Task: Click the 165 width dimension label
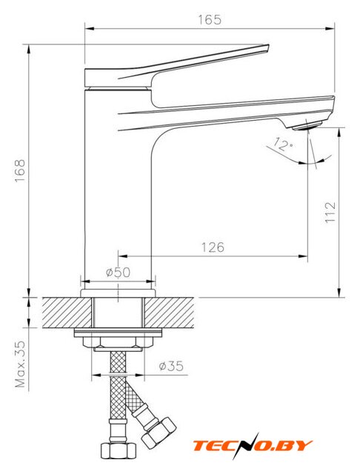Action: pos(210,20)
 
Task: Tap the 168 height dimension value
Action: pos(20,170)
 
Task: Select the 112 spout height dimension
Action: pos(330,213)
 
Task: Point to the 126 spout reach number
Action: pos(213,247)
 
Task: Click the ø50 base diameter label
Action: pos(119,273)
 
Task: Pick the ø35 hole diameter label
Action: pos(171,366)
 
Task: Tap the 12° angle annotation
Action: pos(283,144)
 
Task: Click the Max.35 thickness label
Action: pos(20,364)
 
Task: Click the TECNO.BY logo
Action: pos(253,446)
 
